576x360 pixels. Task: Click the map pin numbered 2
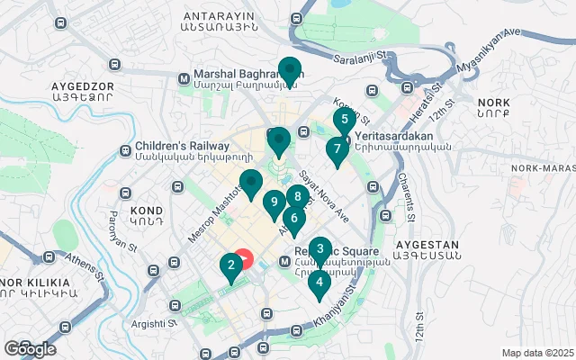[231, 265]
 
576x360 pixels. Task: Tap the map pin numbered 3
[320, 249]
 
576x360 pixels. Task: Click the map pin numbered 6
[293, 218]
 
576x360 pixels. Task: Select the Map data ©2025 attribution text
[536, 353]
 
